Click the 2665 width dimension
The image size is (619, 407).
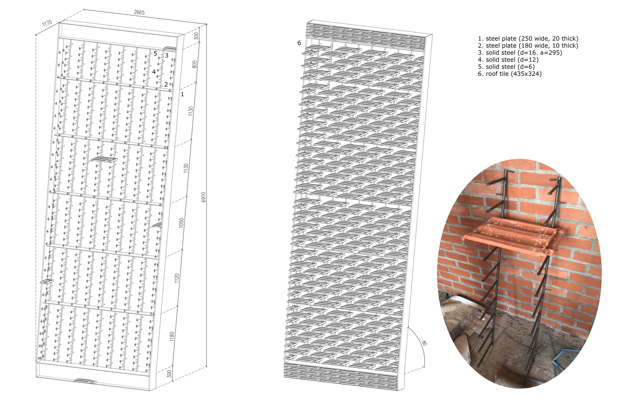139,12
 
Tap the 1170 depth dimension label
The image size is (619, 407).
47,24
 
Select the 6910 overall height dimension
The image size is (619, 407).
203,197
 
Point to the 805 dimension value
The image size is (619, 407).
195,64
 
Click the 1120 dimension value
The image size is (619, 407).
177,278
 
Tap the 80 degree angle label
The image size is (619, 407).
424,343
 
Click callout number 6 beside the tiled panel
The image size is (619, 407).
299,43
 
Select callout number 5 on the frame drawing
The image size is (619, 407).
155,54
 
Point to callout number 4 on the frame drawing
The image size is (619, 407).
154,72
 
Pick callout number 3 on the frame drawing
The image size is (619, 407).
167,56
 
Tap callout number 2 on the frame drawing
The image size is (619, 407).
166,84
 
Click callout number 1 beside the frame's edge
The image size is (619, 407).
182,94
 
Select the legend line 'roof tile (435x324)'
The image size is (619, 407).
510,74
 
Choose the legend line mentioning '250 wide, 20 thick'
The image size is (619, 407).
528,39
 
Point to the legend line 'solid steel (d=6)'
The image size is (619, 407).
506,67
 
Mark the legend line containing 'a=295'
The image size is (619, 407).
520,53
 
